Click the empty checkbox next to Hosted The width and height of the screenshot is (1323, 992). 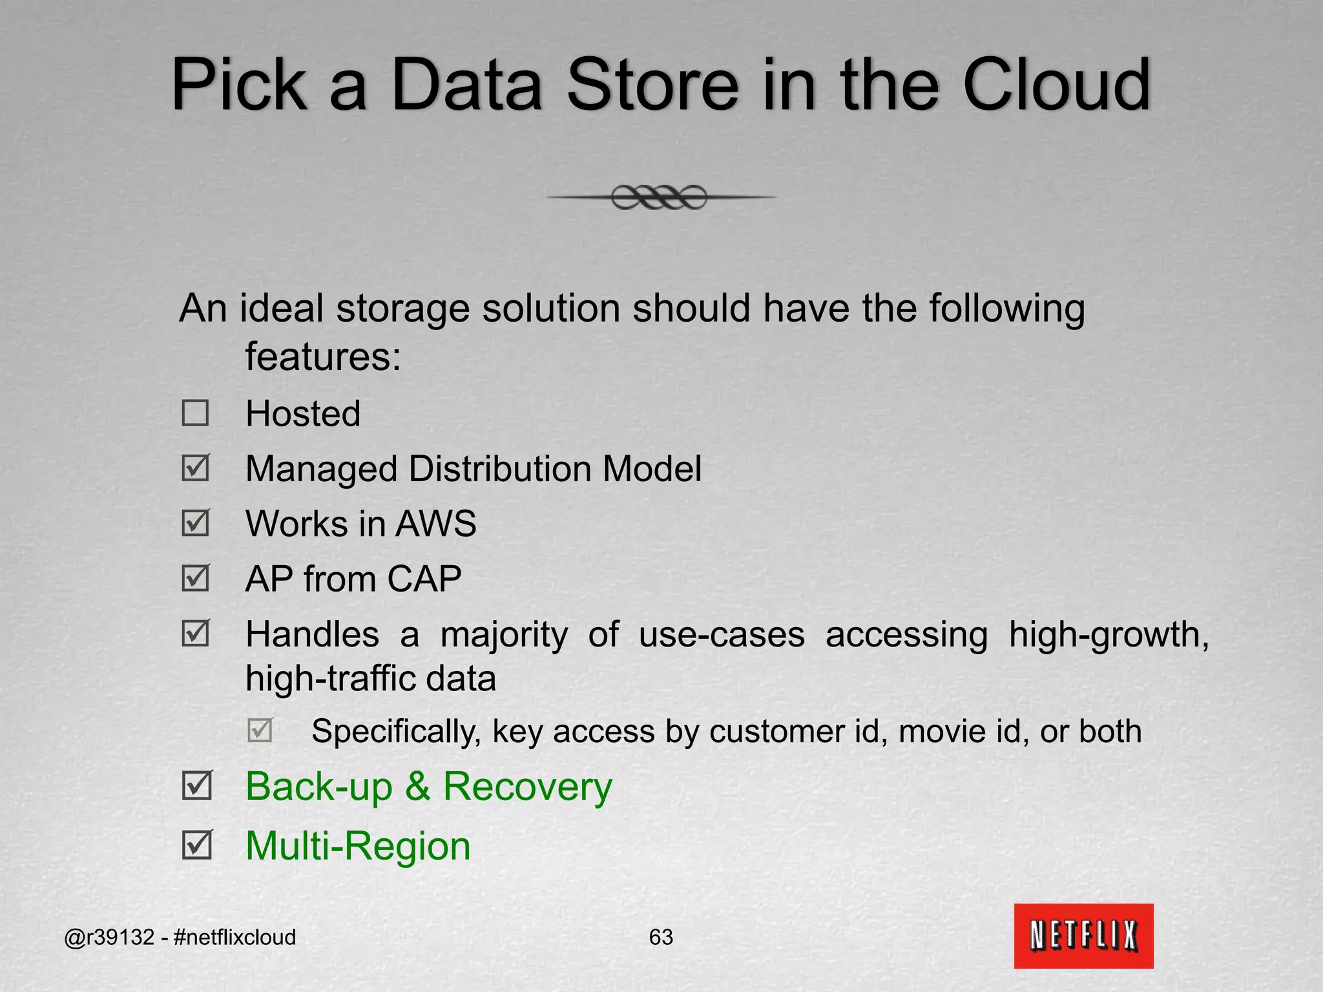[x=195, y=413]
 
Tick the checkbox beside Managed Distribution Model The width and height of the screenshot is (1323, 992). [x=195, y=468]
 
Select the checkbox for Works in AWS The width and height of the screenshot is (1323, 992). [x=195, y=523]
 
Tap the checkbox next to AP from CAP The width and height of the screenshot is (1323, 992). [x=195, y=578]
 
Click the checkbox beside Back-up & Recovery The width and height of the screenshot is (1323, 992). [x=196, y=786]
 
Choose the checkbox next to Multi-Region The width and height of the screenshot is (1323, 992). [x=196, y=845]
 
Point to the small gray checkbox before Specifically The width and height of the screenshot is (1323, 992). [x=260, y=730]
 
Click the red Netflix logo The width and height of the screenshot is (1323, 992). [x=1083, y=936]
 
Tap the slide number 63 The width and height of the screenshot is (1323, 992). [x=661, y=937]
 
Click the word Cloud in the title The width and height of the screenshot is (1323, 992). [x=1057, y=85]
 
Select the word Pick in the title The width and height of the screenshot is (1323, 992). [x=238, y=85]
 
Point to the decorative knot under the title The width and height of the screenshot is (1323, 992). [x=660, y=197]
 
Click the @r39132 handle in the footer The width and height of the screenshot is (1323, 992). [x=109, y=937]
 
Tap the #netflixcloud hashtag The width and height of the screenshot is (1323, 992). [x=234, y=937]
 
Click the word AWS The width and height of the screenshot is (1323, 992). [x=436, y=524]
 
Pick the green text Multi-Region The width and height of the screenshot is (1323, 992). [x=358, y=846]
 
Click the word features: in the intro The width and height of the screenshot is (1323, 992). [x=323, y=356]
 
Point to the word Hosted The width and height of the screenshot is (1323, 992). [x=303, y=414]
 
